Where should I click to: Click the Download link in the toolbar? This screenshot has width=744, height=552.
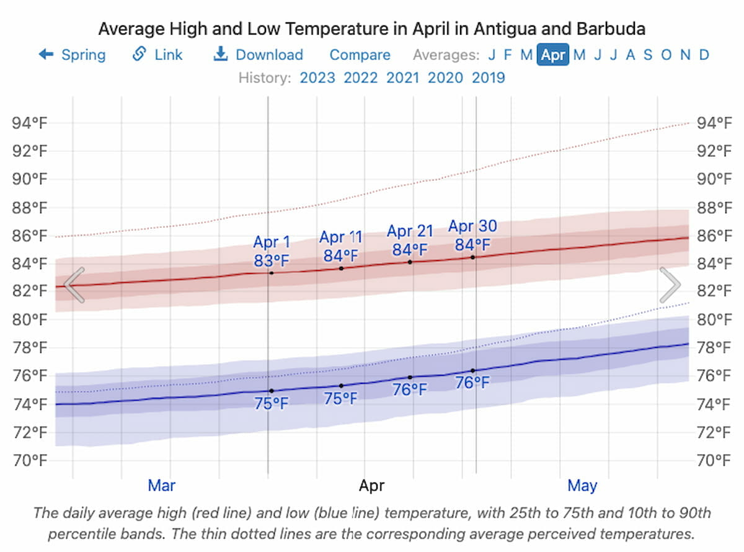pyautogui.click(x=259, y=55)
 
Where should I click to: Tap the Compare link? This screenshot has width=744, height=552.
pyautogui.click(x=360, y=55)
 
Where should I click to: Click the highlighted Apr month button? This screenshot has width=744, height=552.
pyautogui.click(x=553, y=55)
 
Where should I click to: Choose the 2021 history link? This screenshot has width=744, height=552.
pyautogui.click(x=402, y=78)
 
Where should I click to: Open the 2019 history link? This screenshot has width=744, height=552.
pyautogui.click(x=488, y=78)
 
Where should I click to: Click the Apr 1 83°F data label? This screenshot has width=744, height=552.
pyautogui.click(x=272, y=252)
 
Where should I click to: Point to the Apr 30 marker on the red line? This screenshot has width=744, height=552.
pyautogui.click(x=473, y=257)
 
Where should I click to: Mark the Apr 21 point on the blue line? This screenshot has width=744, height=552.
pyautogui.click(x=410, y=377)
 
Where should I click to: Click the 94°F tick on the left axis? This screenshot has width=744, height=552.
pyautogui.click(x=30, y=123)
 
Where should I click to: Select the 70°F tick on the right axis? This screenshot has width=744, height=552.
pyautogui.click(x=712, y=460)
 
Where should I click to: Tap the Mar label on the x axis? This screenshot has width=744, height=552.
pyautogui.click(x=161, y=485)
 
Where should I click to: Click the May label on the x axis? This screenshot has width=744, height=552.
pyautogui.click(x=582, y=485)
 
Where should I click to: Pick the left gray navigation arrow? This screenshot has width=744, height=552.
pyautogui.click(x=74, y=285)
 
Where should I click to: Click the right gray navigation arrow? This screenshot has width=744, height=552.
pyautogui.click(x=670, y=285)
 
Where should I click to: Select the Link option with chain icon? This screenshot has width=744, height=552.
pyautogui.click(x=158, y=55)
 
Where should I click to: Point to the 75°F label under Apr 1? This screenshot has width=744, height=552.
pyautogui.click(x=272, y=403)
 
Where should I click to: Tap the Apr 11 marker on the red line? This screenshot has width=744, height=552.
pyautogui.click(x=341, y=268)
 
